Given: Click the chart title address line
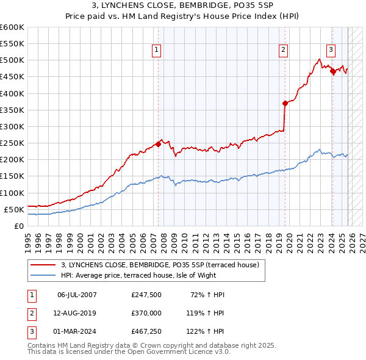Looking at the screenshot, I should coord(183,5).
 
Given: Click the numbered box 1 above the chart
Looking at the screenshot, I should coord(157,51).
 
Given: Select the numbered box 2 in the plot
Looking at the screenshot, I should coord(284,51).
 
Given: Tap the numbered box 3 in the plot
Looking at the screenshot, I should coord(331,51).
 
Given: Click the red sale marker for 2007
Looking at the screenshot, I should coord(158,144).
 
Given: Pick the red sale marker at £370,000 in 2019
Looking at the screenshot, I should coord(285,103).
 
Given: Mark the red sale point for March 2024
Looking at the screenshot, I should coord(332,71).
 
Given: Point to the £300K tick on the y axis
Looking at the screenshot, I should coord(12,126).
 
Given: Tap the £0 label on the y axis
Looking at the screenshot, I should coord(18,226).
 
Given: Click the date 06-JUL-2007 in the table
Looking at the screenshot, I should coord(77,295).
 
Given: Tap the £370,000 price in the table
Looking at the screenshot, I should coord(146,313).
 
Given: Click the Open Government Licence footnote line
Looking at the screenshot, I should coord(129,352).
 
